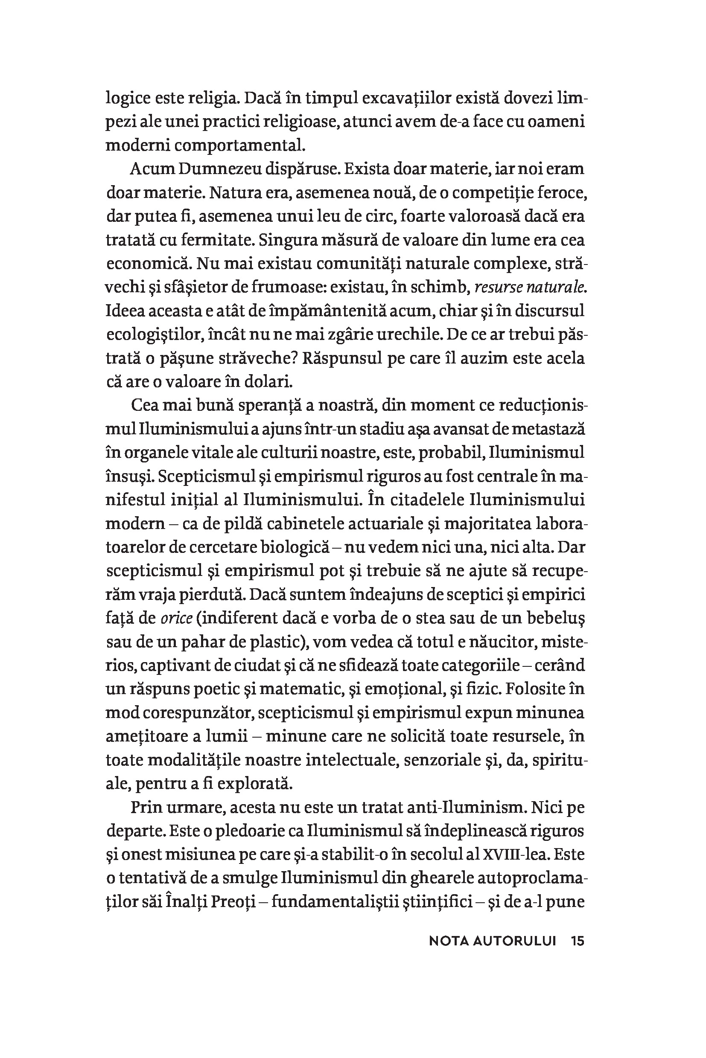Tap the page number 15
(x=577, y=941)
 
